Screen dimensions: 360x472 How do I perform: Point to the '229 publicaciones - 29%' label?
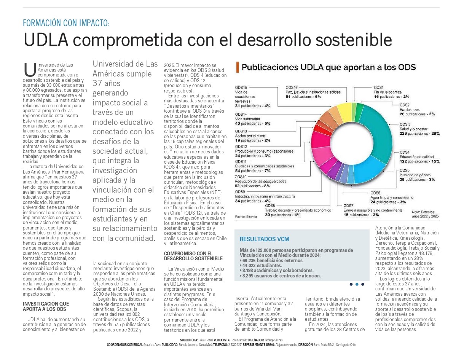point(419,134)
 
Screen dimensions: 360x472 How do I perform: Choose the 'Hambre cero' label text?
point(410,110)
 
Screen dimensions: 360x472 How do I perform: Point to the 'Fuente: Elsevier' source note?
point(246,217)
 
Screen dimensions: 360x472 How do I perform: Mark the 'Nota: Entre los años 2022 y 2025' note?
point(425,214)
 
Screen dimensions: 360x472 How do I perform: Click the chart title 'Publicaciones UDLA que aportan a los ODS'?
point(328,68)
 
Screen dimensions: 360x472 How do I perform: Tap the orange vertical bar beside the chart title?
point(238,67)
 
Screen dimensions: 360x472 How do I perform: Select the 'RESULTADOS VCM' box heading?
point(264,239)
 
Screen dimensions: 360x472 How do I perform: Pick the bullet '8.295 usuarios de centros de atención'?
point(281,276)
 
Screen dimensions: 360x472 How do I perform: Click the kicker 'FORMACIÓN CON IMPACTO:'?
point(66,23)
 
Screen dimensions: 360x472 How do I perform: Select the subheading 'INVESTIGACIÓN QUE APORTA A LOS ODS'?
point(46,306)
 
